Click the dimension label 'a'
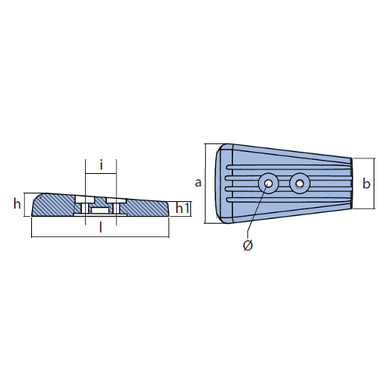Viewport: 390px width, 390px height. pos(198,183)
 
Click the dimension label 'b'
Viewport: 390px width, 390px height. pos(367,183)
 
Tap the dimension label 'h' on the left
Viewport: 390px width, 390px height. pos(17,204)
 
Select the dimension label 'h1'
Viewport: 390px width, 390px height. pos(183,208)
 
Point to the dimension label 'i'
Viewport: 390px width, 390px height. pos(101,165)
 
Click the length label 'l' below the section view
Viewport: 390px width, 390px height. pos(101,227)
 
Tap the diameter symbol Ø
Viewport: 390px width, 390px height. pos(248,246)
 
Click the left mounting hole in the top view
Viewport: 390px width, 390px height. pos(268,183)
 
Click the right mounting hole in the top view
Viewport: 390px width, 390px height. pos(300,183)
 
